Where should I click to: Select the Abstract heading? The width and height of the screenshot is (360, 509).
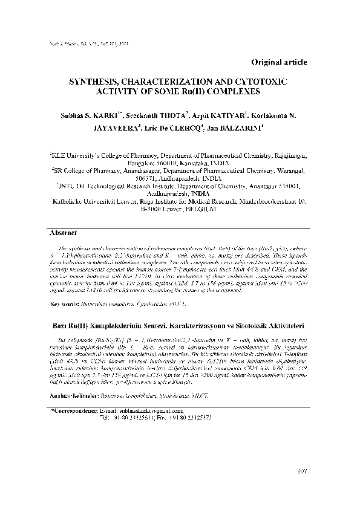(62, 232)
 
